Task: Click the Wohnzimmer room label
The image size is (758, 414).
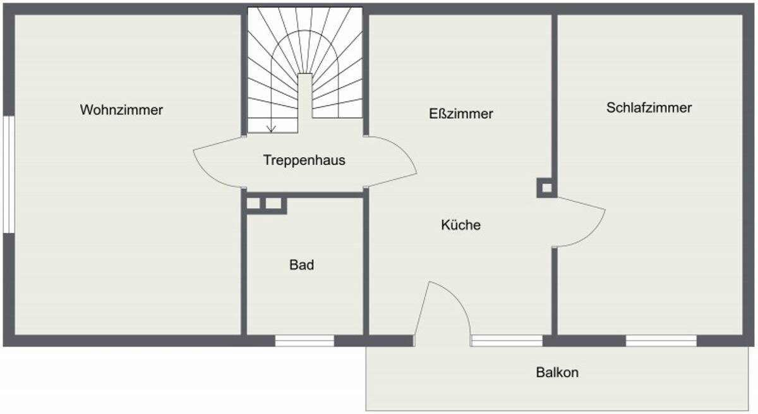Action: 121,110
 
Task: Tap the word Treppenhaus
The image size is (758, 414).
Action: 304,161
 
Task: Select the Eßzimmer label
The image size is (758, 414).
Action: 460,114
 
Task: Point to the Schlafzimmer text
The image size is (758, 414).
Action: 649,108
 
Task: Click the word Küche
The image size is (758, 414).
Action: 460,225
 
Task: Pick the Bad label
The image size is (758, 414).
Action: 301,265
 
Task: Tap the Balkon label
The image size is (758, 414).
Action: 557,373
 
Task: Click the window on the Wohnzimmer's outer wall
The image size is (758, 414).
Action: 8,174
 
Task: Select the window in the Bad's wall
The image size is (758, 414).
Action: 304,341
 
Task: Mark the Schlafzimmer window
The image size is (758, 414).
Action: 661,341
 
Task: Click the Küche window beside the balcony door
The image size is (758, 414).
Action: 507,341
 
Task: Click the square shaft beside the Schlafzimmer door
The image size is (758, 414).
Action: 546,188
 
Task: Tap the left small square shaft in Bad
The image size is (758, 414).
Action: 254,204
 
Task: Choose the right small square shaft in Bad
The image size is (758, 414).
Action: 274,204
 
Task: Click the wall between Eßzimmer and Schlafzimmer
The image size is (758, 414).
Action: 555,95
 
